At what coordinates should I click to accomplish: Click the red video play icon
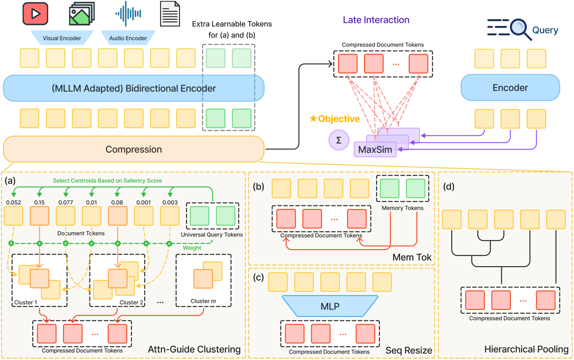(35, 14)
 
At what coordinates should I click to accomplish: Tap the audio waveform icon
(128, 14)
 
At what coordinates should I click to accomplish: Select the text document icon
(170, 14)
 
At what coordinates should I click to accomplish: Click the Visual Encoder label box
(62, 38)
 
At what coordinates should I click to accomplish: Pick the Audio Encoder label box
(128, 38)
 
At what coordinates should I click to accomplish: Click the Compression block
(134, 149)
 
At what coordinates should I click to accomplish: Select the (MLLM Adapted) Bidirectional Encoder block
(134, 88)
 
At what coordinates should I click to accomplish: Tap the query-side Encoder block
(510, 88)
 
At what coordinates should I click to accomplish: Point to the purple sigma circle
(339, 140)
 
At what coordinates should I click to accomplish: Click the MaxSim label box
(375, 150)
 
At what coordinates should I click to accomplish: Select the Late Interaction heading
(376, 20)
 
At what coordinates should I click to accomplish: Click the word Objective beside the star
(339, 119)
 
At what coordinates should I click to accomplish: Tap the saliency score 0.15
(39, 203)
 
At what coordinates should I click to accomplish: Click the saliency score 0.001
(143, 203)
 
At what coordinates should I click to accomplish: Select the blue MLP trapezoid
(330, 306)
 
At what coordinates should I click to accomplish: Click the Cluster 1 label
(25, 303)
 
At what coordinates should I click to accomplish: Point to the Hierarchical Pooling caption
(526, 349)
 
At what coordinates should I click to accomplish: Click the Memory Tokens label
(402, 208)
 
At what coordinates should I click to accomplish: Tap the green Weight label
(192, 248)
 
